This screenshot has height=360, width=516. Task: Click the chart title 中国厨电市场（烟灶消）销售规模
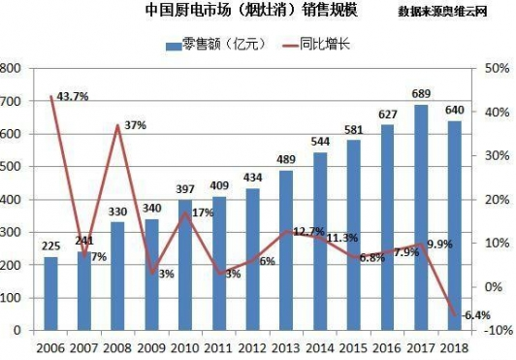point(233,13)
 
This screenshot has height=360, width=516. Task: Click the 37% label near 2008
point(135,125)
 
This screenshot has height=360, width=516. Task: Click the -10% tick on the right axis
point(495,331)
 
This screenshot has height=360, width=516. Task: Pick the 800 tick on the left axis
point(12,69)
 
